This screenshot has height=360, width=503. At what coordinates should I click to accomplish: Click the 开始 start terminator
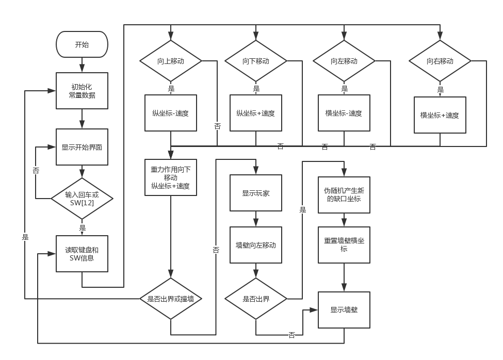[x=82, y=44]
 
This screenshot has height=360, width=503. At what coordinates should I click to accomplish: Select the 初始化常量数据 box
[x=82, y=90]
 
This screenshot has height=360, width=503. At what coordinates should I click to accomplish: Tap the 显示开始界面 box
[x=82, y=147]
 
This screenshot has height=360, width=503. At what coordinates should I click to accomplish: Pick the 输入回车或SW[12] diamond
[x=82, y=198]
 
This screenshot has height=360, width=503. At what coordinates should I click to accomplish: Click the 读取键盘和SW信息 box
[x=82, y=254]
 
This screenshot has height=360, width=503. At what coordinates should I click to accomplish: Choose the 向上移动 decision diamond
[x=171, y=61]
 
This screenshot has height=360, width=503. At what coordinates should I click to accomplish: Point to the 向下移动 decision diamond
[x=256, y=61]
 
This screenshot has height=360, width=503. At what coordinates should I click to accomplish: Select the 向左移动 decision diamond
[x=344, y=61]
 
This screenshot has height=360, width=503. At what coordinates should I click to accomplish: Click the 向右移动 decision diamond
[x=440, y=61]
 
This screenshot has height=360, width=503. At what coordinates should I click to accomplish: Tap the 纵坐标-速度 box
[x=171, y=113]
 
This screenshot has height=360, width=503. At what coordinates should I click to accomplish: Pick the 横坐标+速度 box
[x=440, y=115]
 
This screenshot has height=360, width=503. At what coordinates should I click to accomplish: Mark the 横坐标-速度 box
[x=344, y=113]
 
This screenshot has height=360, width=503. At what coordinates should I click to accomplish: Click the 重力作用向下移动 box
[x=171, y=177]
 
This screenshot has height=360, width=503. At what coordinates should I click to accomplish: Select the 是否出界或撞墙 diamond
[x=171, y=299]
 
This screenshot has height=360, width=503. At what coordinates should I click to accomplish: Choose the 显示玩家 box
[x=256, y=193]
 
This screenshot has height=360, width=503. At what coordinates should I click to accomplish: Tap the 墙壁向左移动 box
[x=256, y=245]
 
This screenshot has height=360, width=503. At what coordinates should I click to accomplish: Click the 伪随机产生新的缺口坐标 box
[x=344, y=194]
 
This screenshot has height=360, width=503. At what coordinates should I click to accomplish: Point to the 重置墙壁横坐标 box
[x=344, y=244]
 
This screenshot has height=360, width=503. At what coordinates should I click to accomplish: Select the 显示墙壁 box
[x=344, y=310]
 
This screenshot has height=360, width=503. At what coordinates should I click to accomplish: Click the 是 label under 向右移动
[x=441, y=89]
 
